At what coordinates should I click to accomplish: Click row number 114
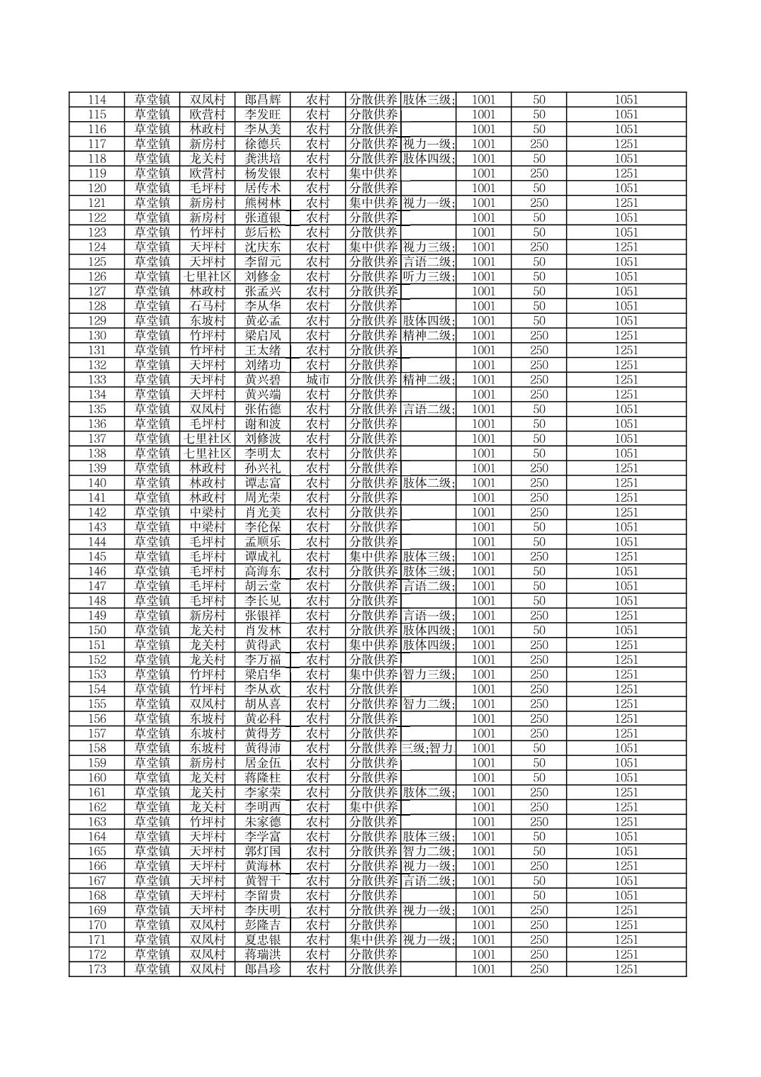click(96, 100)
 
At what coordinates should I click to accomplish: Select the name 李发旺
click(263, 115)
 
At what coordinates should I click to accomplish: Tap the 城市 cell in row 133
click(318, 380)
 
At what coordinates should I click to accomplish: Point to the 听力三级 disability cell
click(428, 276)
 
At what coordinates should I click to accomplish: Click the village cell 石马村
click(207, 306)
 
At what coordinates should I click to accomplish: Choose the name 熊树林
click(263, 203)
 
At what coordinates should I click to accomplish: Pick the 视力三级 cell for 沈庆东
click(428, 247)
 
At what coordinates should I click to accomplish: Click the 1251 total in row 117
click(626, 144)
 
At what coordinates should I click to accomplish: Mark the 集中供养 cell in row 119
click(373, 174)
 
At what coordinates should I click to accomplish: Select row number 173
click(96, 969)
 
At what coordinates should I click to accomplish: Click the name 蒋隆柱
click(263, 777)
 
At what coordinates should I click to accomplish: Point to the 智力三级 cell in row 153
click(428, 675)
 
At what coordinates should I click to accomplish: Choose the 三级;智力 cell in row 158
click(428, 748)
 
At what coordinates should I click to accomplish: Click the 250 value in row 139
click(539, 468)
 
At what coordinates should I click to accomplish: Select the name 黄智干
click(263, 881)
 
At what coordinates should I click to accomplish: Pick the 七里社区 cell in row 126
click(207, 276)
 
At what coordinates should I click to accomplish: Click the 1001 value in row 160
click(483, 777)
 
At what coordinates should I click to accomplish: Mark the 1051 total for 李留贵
click(626, 896)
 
